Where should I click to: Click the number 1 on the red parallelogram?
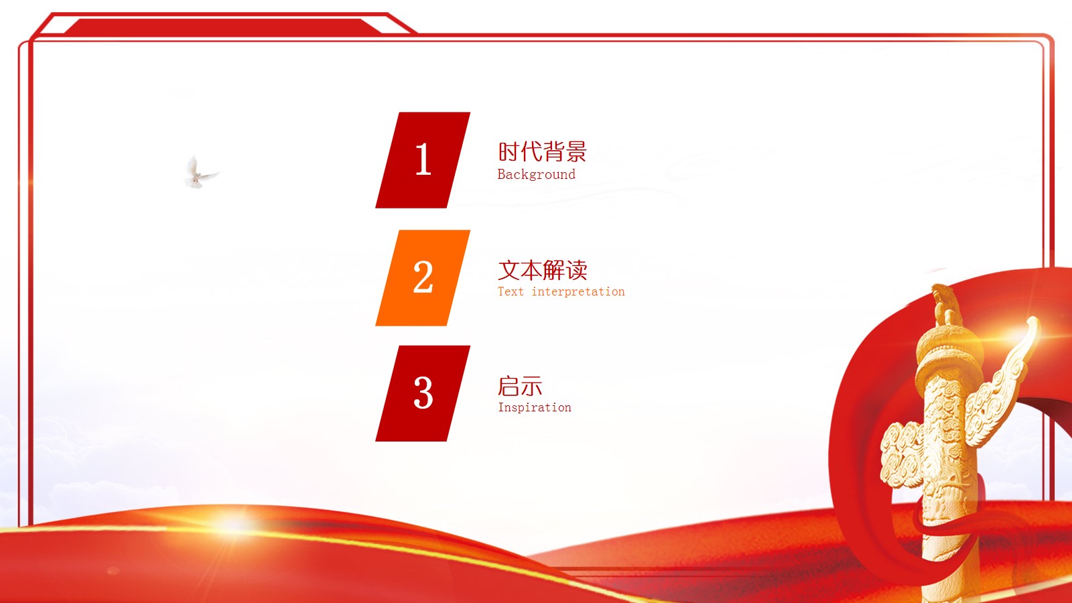tap(423, 159)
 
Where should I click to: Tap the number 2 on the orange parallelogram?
tap(423, 277)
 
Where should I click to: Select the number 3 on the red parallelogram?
tap(423, 393)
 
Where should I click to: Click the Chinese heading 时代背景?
tap(542, 152)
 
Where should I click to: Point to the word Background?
tap(536, 175)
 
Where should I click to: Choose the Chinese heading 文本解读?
tap(542, 270)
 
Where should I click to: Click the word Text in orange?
tap(511, 291)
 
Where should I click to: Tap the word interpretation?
tap(578, 291)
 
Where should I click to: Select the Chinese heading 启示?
tap(520, 387)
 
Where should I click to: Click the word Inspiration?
tap(534, 407)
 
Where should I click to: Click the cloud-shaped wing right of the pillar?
tap(1005, 375)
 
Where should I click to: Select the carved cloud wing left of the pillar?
tap(901, 456)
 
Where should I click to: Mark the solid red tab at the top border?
tap(221, 27)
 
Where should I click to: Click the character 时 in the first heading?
tap(509, 152)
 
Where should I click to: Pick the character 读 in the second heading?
tap(576, 270)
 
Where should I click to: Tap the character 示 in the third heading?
tap(531, 387)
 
